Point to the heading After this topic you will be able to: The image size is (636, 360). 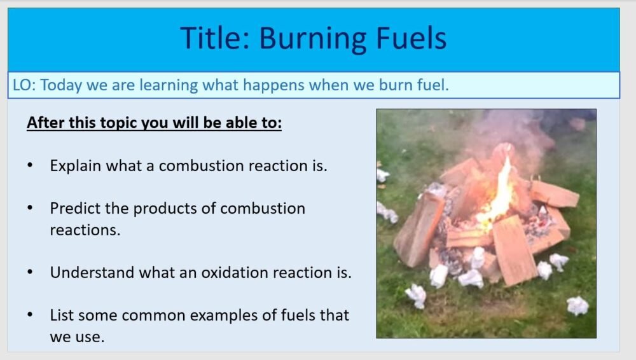point(154,123)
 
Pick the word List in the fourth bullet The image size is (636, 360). point(61,315)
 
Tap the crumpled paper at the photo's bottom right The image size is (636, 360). point(577,306)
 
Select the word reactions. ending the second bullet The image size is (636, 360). point(85,230)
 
